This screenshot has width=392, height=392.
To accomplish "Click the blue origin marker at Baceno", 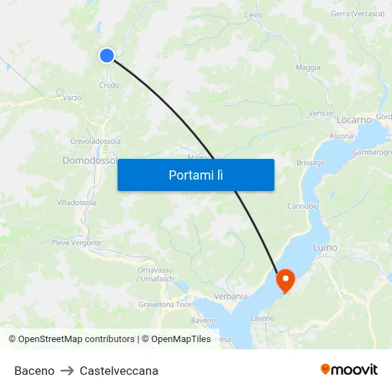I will coord(107,55).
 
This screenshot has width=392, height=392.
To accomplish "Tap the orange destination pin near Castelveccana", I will coord(285,279).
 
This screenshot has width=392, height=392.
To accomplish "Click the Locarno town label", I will coord(354,120).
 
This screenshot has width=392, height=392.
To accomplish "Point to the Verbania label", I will coord(231,296).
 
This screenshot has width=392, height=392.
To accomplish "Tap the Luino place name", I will coord(325,247).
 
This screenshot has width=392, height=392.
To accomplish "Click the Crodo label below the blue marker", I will coord(109,85).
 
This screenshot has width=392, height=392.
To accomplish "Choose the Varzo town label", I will coord(72,98).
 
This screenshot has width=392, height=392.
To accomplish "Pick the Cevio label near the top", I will coord(253,15).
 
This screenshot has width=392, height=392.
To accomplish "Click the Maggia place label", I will coord(308,68).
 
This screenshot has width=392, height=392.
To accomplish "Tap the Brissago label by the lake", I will coord(310,163).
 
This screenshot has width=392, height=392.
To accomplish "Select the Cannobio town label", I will coord(303,206).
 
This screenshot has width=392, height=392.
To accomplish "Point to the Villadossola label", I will coord(76,202).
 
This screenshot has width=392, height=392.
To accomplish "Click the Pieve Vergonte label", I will coord(76,242).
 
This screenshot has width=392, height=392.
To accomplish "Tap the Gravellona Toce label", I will coord(165,304).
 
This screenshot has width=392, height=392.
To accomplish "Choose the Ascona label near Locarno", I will coord(341,136).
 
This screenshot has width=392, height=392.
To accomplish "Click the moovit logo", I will coord(349,370).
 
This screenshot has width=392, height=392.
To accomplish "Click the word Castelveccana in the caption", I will coord(119,371).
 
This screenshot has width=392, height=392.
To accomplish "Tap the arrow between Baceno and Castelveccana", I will coord(67,371).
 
